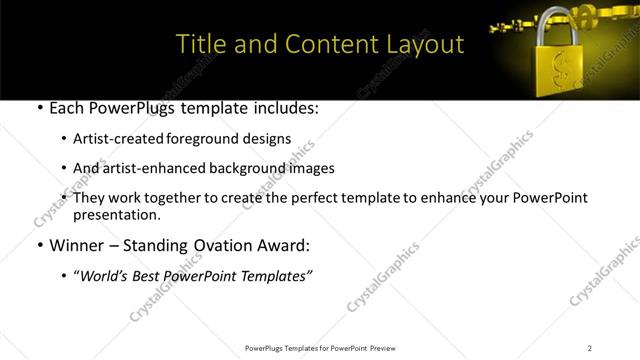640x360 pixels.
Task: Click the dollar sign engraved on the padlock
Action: pos(562,70)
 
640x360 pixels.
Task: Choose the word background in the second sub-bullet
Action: pos(255,168)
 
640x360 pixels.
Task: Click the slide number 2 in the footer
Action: pos(590,347)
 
